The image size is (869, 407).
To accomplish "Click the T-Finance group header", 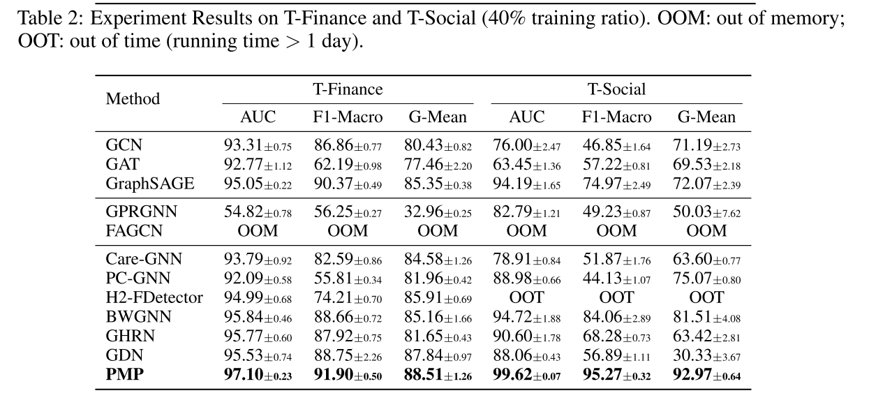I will [347, 89].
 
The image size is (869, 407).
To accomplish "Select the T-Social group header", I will [616, 89].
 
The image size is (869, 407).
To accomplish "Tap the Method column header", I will [133, 99].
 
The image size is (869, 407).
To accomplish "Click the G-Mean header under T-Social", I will [706, 117].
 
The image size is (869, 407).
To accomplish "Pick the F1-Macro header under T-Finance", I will [347, 117].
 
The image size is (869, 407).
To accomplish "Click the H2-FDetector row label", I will [154, 297].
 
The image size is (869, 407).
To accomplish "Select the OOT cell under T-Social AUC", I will [526, 297].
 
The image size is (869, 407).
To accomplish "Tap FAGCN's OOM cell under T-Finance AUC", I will [258, 230].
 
